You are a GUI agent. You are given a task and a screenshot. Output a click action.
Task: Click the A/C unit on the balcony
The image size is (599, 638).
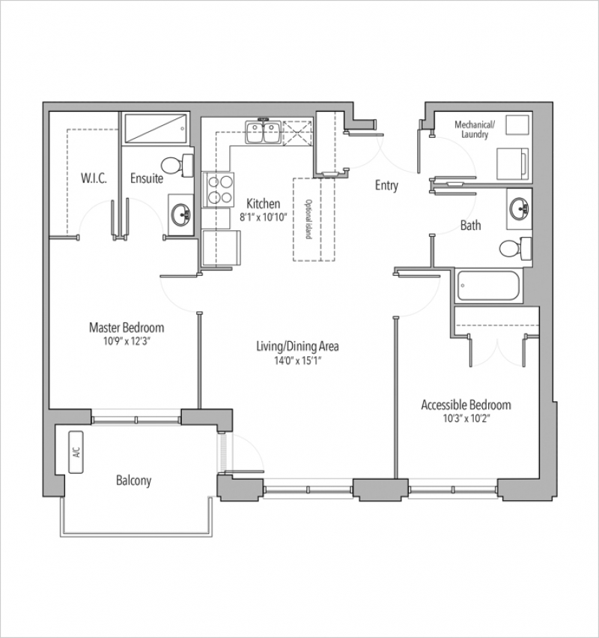(x=76, y=452)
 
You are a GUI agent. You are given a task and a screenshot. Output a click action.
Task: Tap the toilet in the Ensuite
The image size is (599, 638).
(x=177, y=166)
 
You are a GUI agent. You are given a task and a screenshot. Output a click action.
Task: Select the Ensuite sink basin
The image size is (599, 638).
(x=181, y=214)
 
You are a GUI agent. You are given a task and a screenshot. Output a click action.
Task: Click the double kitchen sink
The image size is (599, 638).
(x=264, y=132)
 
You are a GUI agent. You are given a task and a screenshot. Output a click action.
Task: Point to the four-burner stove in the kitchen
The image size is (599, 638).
(x=219, y=190)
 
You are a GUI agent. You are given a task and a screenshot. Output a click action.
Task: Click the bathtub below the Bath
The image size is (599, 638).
(x=488, y=285)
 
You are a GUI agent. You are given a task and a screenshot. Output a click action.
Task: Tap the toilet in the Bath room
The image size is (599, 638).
(x=515, y=248)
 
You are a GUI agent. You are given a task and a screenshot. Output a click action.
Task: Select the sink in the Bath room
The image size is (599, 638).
(x=519, y=208)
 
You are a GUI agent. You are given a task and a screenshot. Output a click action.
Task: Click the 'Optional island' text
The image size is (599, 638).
(x=308, y=220)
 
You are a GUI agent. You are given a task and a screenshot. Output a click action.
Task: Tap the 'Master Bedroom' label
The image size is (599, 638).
(x=127, y=328)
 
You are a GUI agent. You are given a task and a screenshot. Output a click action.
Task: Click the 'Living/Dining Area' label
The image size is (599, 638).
(x=297, y=346)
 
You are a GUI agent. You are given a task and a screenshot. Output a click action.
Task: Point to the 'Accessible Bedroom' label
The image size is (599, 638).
(x=466, y=405)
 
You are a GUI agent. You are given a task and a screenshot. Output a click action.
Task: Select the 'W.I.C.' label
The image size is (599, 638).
(x=94, y=178)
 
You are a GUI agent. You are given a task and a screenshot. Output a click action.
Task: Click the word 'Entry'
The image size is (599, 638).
(x=386, y=185)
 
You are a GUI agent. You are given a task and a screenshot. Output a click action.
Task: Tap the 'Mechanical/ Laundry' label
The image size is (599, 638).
(x=475, y=130)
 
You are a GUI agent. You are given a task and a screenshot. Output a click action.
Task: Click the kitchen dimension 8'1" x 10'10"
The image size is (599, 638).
(x=264, y=217)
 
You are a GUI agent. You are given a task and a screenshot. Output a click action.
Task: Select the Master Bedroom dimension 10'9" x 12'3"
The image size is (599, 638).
(x=127, y=341)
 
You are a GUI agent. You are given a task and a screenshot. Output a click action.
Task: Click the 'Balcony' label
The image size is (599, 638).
(x=134, y=481)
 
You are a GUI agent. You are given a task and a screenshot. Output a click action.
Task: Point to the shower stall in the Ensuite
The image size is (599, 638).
(x=156, y=129)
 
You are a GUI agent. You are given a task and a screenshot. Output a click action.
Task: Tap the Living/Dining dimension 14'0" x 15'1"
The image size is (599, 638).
(x=297, y=360)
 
